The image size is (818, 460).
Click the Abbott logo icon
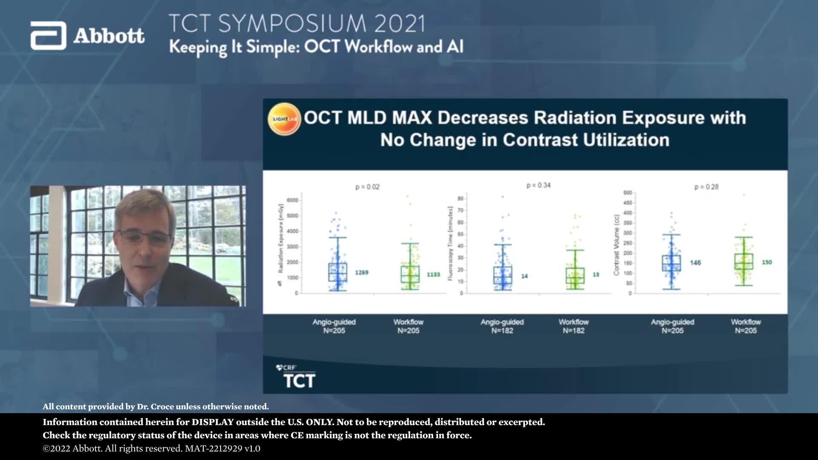48,36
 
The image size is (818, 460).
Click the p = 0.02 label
367,187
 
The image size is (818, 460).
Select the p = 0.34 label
539,185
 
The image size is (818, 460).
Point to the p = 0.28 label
706,187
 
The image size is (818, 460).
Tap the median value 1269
362,273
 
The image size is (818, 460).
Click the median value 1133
433,275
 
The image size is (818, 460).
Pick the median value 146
695,263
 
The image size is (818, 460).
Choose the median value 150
767,262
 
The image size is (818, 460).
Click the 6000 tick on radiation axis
292,200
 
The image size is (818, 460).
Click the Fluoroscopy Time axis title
450,243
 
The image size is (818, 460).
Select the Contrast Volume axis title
616,245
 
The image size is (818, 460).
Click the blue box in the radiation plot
337,272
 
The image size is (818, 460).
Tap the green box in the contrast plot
744,262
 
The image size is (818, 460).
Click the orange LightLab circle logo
284,119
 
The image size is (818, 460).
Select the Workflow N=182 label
573,326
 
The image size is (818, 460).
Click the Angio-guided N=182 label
502,326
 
